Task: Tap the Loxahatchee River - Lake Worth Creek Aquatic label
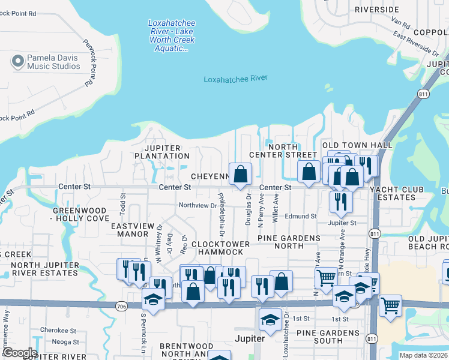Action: tap(172, 35)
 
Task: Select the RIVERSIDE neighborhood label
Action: tap(376, 10)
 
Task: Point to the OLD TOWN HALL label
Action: tap(357, 145)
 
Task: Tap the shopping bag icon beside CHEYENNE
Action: tap(240, 175)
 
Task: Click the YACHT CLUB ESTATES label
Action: tap(396, 194)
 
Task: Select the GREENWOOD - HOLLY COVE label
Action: tap(80, 215)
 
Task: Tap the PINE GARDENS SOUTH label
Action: tap(319, 337)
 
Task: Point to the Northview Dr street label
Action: tap(197, 206)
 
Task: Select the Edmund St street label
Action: tap(301, 216)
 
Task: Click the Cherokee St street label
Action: tap(58, 330)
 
